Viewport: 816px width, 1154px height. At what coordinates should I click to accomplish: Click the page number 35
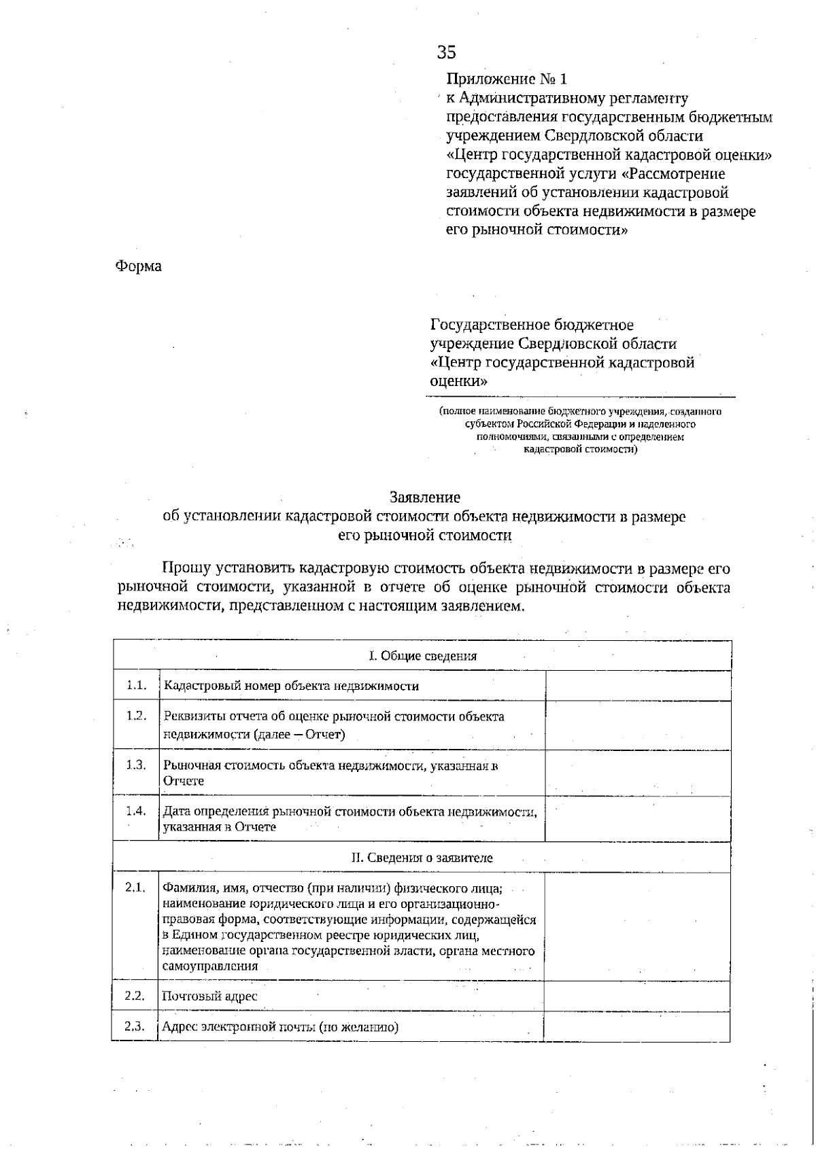click(x=447, y=53)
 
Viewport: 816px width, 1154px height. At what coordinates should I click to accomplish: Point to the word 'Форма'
click(x=138, y=266)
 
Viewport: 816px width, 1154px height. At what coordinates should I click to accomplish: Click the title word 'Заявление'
click(x=425, y=497)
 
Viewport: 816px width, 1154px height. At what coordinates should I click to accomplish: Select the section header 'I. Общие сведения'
click(x=422, y=656)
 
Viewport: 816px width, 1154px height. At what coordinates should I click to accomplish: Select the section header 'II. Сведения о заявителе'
click(x=422, y=858)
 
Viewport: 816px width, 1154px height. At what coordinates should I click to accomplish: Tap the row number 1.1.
click(x=136, y=685)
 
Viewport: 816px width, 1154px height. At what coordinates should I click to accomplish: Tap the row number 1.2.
click(x=136, y=716)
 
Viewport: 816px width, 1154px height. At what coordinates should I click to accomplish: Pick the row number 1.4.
click(x=136, y=811)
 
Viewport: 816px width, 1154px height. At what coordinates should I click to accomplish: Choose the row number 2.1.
click(x=135, y=888)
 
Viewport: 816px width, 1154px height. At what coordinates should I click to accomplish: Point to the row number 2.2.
click(x=135, y=996)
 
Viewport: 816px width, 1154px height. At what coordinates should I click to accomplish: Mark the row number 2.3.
click(x=135, y=1026)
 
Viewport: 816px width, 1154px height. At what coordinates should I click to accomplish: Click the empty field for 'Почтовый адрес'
click(x=637, y=996)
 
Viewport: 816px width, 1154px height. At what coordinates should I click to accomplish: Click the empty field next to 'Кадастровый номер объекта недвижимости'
click(x=638, y=686)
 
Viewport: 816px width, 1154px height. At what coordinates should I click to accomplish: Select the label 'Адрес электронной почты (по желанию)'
click(x=279, y=1027)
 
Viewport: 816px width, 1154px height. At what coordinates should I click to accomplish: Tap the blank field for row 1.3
click(x=638, y=773)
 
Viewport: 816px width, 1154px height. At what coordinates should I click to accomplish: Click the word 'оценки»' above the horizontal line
click(x=459, y=381)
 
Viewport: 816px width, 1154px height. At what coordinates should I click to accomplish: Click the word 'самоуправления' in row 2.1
click(x=209, y=966)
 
